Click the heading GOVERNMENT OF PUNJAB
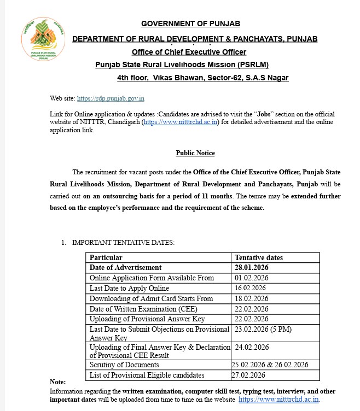pos(190,24)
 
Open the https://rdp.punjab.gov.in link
pos(111,98)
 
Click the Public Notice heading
pos(195,153)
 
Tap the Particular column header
pos(106,257)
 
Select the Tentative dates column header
pos(259,257)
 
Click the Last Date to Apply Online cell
pos(129,288)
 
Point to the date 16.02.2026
pos(250,288)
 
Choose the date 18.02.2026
pos(250,298)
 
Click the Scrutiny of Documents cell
pos(124,365)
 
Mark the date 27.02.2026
pos(248,375)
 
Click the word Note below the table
pos(57,382)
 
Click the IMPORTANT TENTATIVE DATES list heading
pos(123,242)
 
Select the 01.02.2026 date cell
pos(250,278)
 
